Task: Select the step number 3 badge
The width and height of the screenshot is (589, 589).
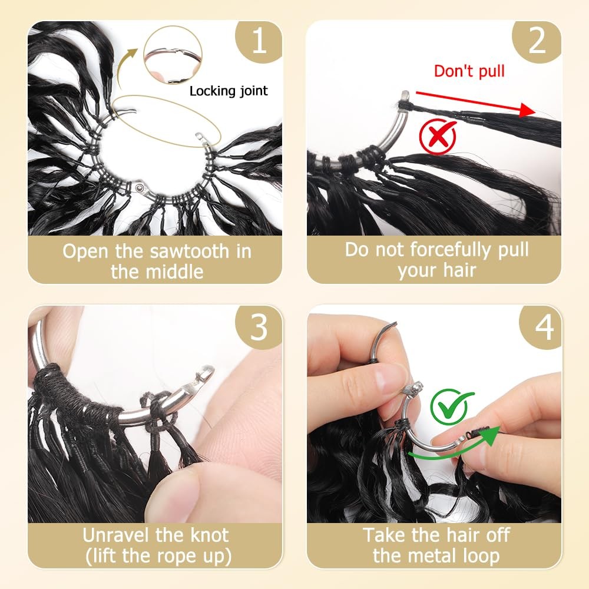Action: [259, 327]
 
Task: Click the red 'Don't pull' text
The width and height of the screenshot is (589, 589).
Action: [469, 71]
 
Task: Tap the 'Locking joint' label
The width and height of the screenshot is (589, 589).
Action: [229, 91]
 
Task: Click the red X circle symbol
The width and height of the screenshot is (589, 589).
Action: [438, 136]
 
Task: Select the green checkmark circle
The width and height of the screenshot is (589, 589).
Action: [451, 406]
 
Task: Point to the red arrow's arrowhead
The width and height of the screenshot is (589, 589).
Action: [528, 110]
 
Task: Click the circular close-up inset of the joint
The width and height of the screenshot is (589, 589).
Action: [173, 55]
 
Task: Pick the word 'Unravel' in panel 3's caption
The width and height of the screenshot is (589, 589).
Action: [116, 535]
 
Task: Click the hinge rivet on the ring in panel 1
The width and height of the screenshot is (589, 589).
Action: [140, 187]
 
